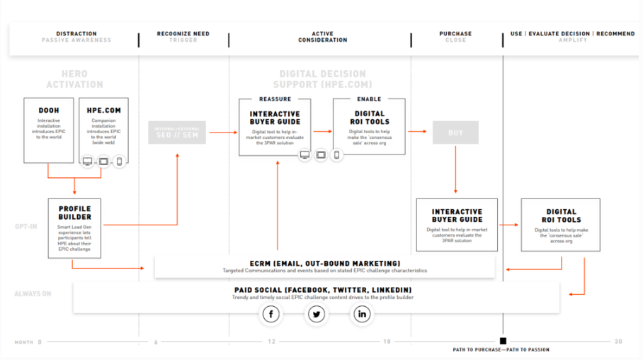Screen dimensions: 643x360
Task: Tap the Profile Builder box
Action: tap(74, 227)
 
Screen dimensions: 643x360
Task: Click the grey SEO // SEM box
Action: tap(177, 133)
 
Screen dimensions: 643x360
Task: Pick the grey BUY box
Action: tap(455, 133)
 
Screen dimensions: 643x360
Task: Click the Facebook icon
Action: tap(271, 314)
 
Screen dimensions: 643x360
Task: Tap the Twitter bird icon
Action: tap(317, 314)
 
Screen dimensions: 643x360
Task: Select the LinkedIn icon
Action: tap(362, 314)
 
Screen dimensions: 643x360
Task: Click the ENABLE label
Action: tap(369, 99)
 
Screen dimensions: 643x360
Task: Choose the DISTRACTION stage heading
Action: tap(76, 33)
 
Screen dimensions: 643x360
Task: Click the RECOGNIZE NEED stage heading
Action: tap(183, 33)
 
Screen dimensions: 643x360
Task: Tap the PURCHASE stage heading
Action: tap(455, 33)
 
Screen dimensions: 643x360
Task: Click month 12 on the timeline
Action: tap(271, 342)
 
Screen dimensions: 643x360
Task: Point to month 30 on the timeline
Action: tap(618, 342)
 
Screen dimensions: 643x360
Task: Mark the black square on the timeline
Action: tap(503, 341)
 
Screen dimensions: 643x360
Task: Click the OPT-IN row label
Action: tap(27, 227)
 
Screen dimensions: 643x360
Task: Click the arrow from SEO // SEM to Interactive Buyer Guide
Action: tap(223, 132)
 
